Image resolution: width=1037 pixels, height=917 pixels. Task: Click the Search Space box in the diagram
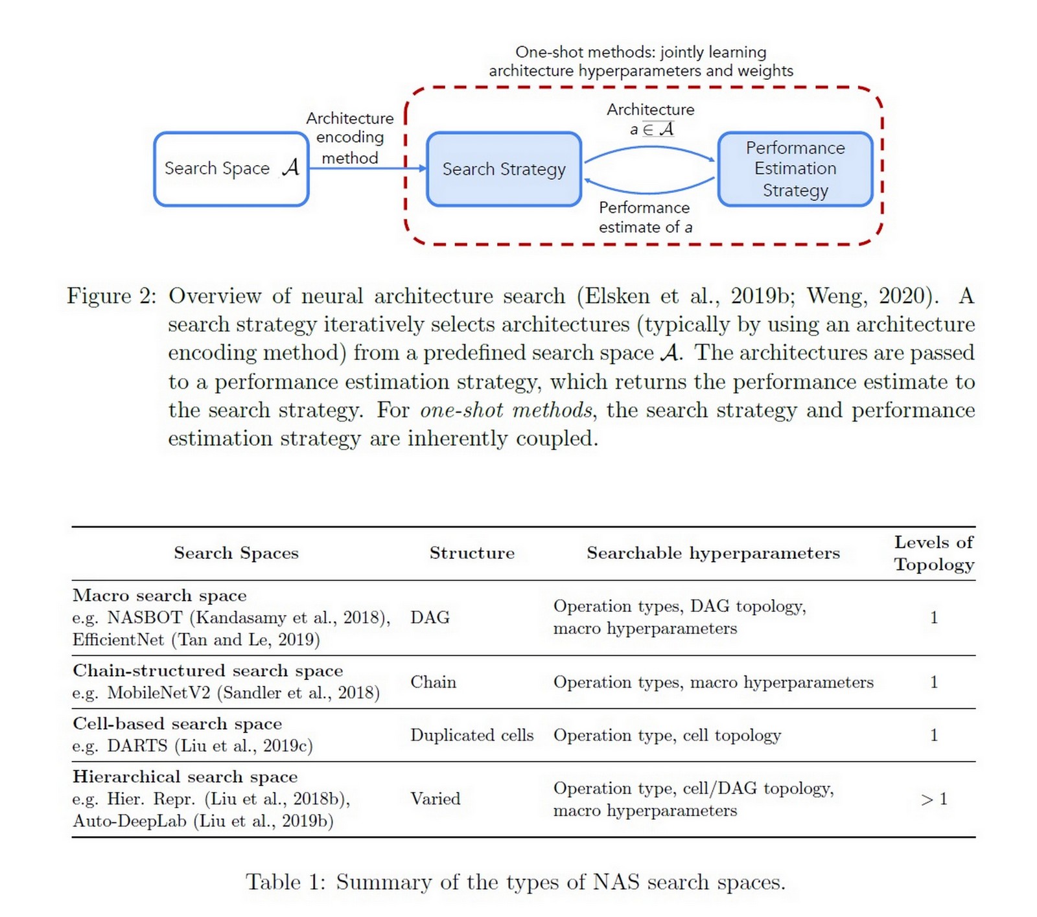231,169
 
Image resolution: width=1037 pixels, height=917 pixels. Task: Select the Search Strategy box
504,170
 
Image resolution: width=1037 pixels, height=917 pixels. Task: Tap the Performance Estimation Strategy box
795,169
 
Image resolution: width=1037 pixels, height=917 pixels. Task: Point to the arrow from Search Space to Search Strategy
367,168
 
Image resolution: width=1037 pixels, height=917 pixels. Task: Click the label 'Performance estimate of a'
645,217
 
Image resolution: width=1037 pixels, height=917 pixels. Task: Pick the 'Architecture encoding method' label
350,138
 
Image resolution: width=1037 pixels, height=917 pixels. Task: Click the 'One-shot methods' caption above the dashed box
640,61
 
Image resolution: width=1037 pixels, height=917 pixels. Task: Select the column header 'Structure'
472,553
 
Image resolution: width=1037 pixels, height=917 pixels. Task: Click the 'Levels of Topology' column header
933,553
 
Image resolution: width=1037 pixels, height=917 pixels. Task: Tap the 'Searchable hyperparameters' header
713,553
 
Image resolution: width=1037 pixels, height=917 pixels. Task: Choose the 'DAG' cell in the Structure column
430,617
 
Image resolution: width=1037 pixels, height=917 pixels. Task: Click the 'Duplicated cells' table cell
472,735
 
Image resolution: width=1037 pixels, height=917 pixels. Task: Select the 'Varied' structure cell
435,798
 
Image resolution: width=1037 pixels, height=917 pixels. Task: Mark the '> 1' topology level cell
933,799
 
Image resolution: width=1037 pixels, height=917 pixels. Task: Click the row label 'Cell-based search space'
177,723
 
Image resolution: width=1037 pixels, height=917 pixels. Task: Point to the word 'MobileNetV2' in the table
159,693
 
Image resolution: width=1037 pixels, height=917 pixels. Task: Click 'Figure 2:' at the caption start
111,296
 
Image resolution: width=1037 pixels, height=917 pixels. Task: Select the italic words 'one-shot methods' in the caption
506,410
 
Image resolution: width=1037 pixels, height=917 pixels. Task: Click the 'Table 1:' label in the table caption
285,882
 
